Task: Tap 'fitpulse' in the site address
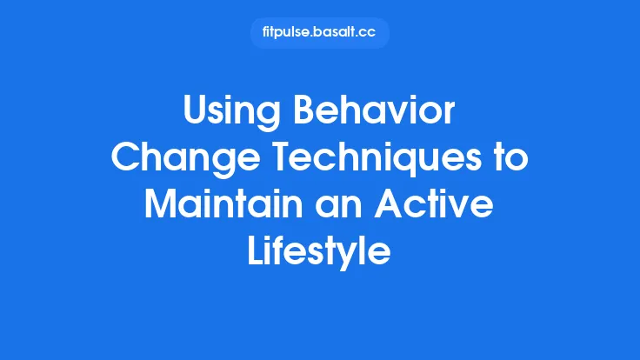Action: tap(286, 33)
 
